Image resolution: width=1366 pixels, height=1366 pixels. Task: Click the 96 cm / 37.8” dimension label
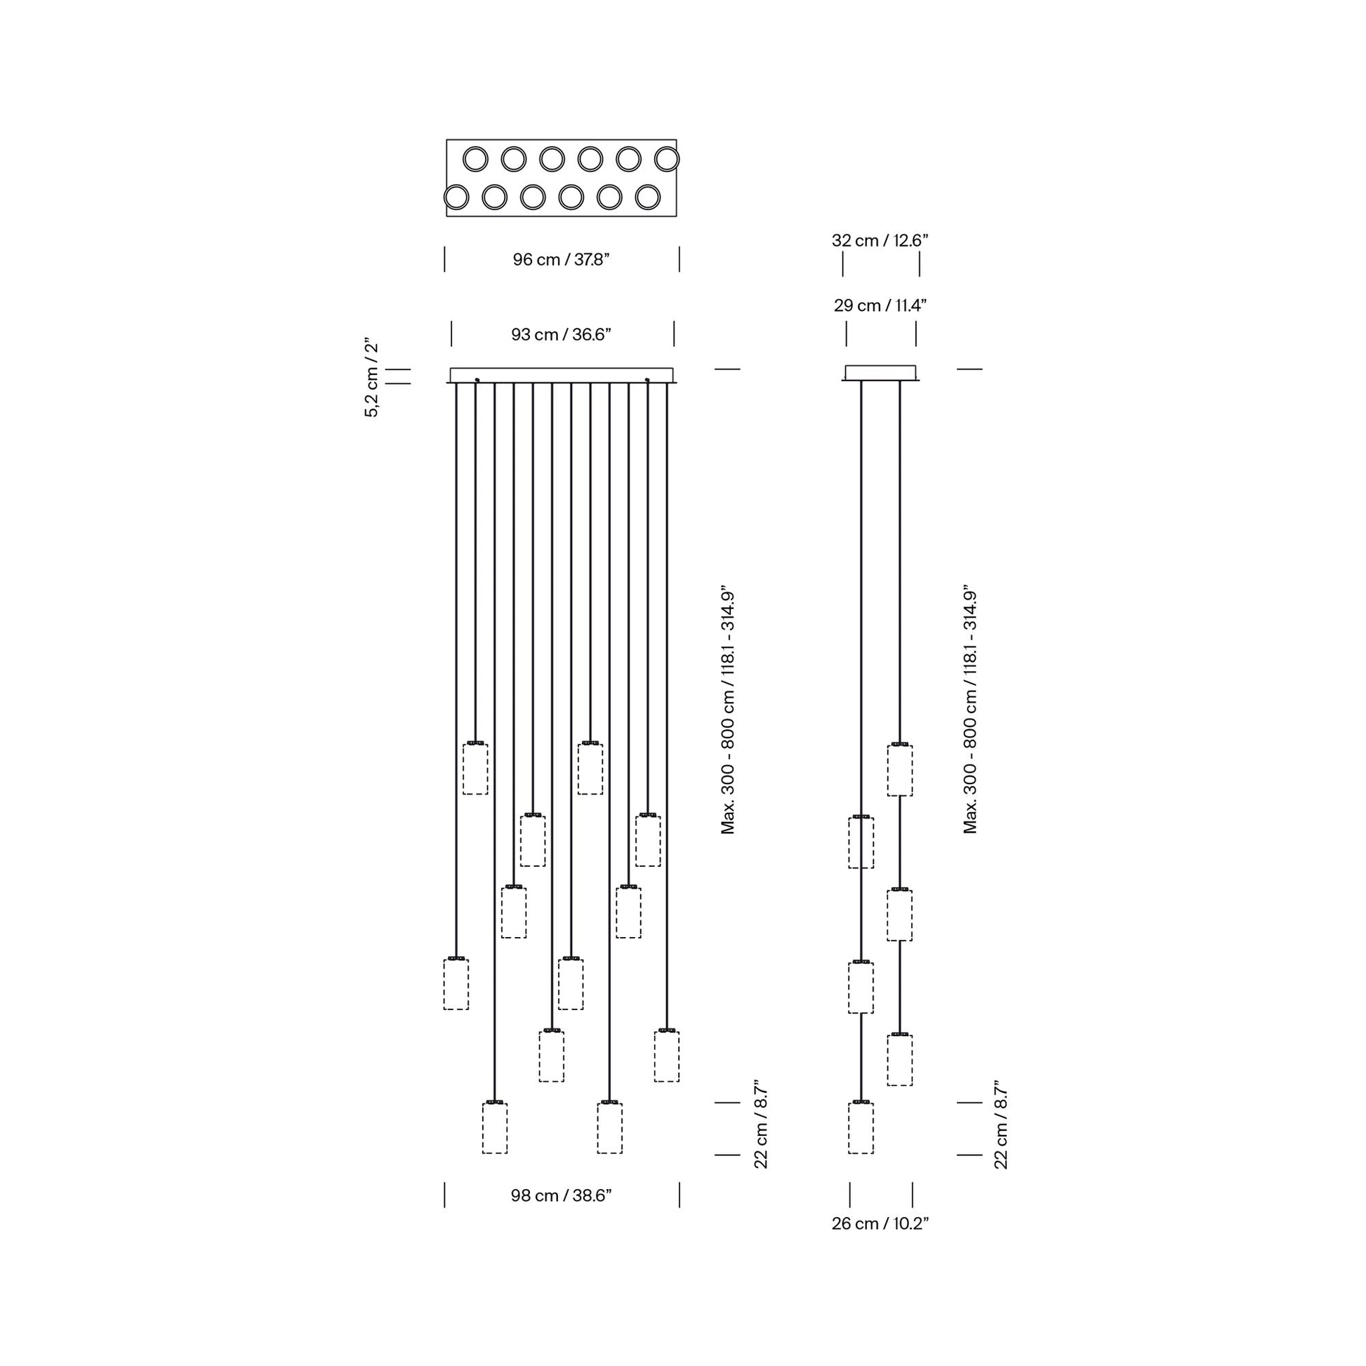(x=562, y=260)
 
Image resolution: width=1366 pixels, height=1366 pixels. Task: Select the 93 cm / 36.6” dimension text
(x=562, y=334)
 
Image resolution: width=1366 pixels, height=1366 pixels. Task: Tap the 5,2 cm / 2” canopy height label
(x=372, y=380)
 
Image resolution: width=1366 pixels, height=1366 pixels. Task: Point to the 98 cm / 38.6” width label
(x=562, y=1195)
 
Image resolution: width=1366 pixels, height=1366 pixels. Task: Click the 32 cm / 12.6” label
(x=880, y=240)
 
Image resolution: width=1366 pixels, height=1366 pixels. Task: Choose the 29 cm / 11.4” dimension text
(x=880, y=305)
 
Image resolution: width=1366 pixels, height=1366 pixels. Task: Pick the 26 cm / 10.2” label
(x=880, y=1224)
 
